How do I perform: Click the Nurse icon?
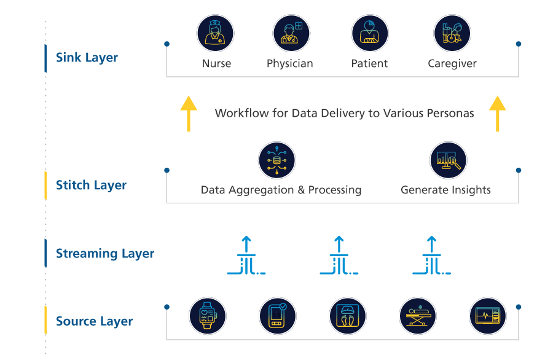tap(215, 34)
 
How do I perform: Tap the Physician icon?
tap(291, 34)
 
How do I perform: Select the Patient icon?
tap(370, 34)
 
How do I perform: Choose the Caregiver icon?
tap(452, 34)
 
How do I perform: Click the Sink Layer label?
tap(87, 58)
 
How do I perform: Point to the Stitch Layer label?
tap(91, 186)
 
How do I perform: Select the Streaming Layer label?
tap(105, 254)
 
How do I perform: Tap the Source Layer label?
tap(94, 321)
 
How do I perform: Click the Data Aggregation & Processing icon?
tap(276, 161)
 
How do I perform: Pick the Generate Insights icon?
tap(448, 161)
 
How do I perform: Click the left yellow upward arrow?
tap(189, 113)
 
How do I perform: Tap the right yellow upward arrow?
tap(498, 113)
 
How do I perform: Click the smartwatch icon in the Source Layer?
tap(207, 316)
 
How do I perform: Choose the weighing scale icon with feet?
tap(347, 316)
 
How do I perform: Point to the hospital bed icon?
tap(418, 316)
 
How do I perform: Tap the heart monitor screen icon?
tap(488, 316)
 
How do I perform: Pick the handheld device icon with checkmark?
tap(277, 316)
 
